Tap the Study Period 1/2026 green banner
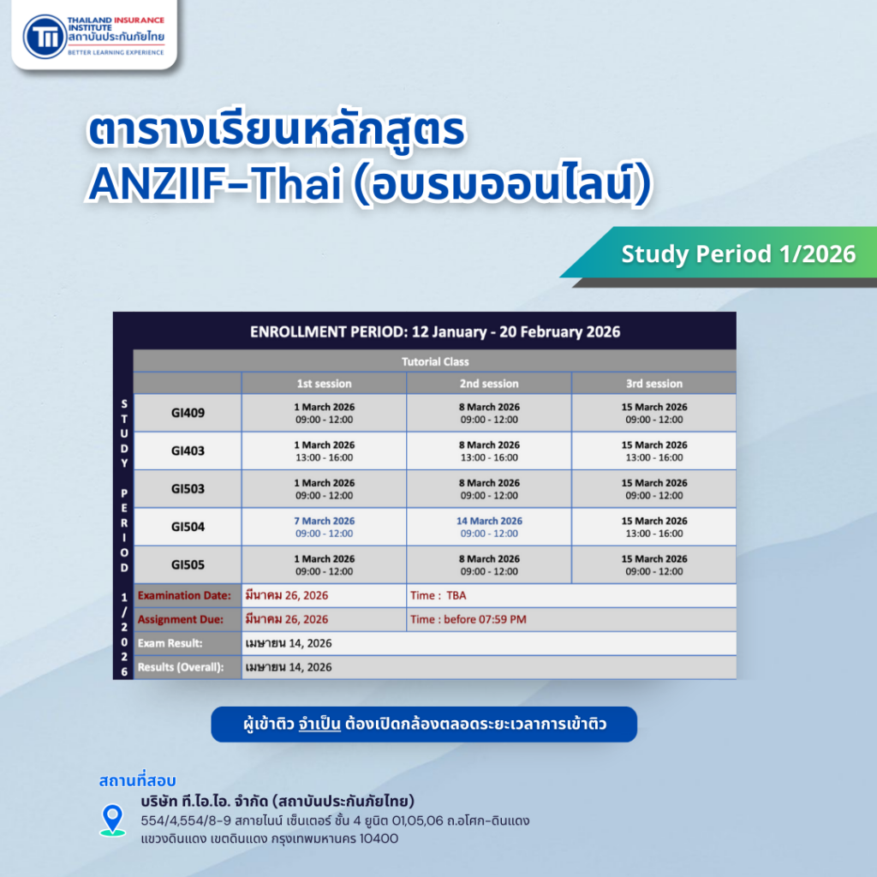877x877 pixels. pos(737,254)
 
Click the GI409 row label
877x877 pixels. pos(188,413)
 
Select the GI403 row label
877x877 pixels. pos(188,450)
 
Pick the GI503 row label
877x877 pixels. pos(188,489)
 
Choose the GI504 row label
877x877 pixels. pos(188,527)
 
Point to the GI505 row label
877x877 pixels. pos(188,564)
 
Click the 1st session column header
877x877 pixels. pos(324,383)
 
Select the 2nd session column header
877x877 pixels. pos(489,383)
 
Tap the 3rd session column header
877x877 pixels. pos(653,383)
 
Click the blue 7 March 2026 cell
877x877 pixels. pos(324,527)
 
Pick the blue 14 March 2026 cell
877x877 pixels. pos(489,527)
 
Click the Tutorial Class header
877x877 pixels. pos(435,361)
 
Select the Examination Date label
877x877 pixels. pos(184,595)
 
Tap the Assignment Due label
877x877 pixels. pos(181,619)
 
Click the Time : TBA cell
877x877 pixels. pos(438,595)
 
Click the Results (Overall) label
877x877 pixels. pos(181,667)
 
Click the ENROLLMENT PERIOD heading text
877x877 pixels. pos(435,331)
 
